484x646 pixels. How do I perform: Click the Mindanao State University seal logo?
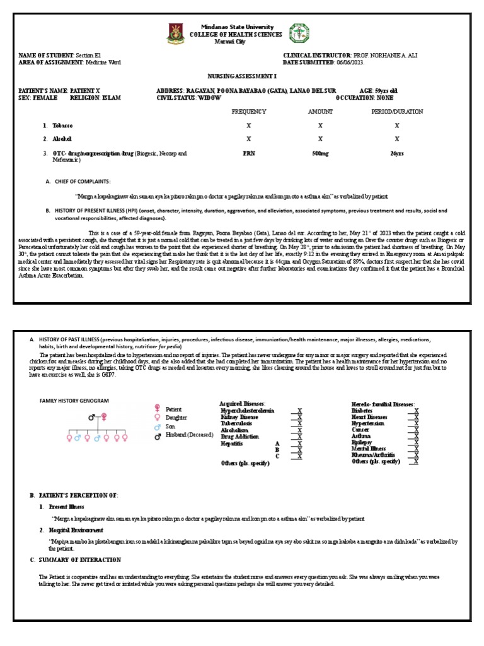(176, 33)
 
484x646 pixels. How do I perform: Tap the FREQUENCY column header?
(248, 112)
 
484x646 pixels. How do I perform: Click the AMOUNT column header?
(320, 112)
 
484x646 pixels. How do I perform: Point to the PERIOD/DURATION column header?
(397, 112)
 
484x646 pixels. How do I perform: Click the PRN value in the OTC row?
(248, 153)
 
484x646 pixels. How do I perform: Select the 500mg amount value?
(320, 153)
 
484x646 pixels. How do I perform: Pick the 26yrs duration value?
(397, 153)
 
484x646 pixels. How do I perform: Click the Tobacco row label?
(62, 126)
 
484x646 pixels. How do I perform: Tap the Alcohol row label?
(62, 139)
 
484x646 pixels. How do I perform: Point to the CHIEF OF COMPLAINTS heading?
(83, 181)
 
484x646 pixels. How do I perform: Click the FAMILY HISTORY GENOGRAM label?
(74, 401)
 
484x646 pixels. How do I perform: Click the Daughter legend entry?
(178, 418)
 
